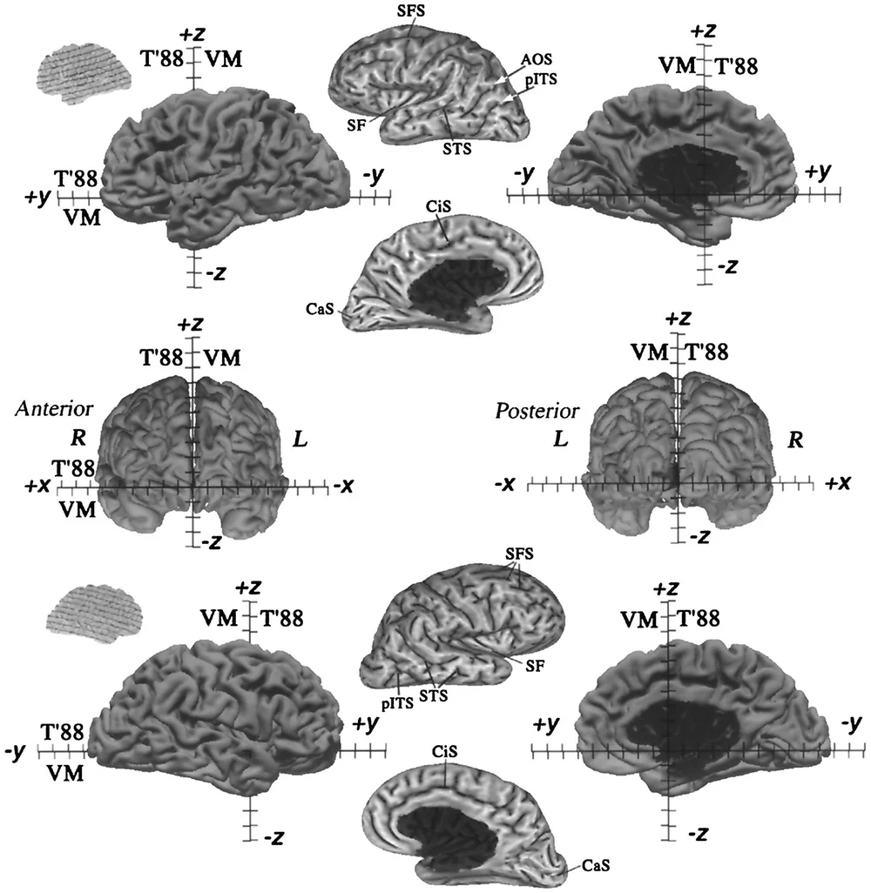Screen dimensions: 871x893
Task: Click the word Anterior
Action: click(50, 409)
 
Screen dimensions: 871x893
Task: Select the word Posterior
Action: click(530, 410)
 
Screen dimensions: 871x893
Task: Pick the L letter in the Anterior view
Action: click(300, 440)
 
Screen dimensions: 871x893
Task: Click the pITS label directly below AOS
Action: click(541, 77)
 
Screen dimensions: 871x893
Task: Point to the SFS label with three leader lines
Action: click(519, 554)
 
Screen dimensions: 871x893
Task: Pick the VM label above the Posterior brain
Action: click(650, 352)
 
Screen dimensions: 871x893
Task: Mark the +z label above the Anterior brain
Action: click(190, 325)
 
